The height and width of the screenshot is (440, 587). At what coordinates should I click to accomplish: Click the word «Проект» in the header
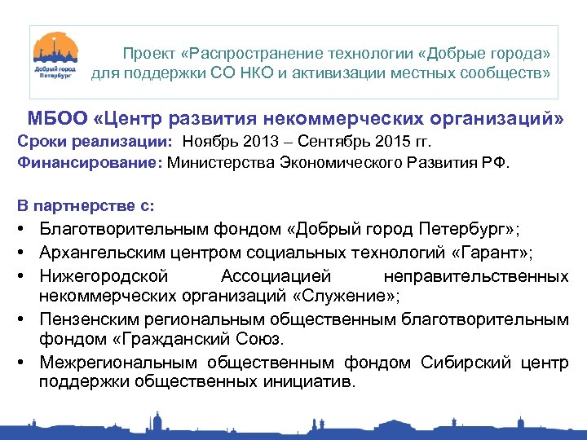[148, 54]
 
